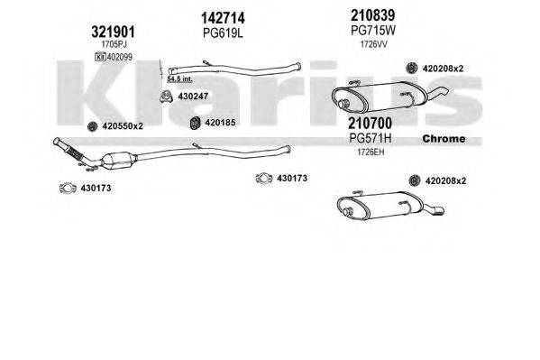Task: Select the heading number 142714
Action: [x=223, y=18]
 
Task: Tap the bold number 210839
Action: [x=370, y=14]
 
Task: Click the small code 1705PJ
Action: [x=114, y=42]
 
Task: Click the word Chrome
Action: [x=444, y=139]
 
